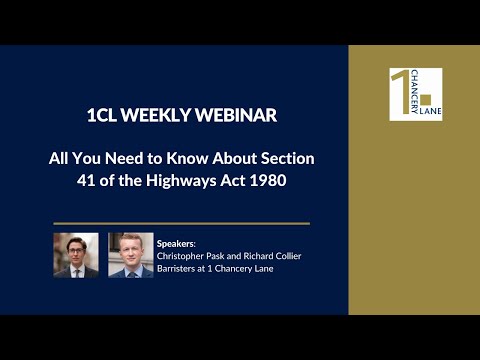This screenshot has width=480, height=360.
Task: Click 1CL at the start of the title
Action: [104, 116]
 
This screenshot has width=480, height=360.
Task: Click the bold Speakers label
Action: [177, 241]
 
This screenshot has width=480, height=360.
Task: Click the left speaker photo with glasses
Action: [75, 255]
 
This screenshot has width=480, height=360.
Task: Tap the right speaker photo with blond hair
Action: [130, 255]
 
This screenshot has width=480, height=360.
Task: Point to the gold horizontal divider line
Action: [181, 223]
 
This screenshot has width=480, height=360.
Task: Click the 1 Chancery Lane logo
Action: [415, 94]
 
